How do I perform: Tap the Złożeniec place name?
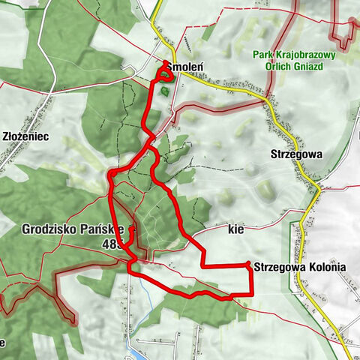coord(25,137)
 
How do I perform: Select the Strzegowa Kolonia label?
coord(300,266)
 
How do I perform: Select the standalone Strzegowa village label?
coord(295,154)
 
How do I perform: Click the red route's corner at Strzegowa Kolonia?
coord(248,264)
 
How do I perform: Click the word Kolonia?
coord(326,266)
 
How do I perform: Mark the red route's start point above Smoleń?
coord(164,61)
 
